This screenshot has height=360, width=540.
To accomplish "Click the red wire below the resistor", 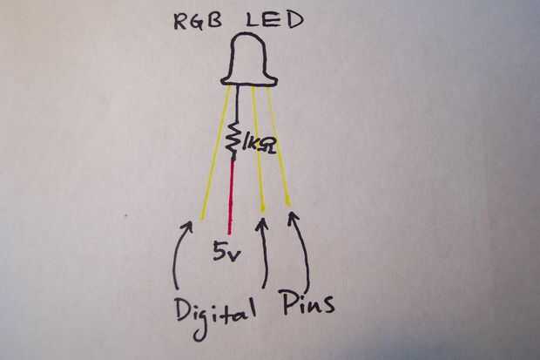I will [231, 196].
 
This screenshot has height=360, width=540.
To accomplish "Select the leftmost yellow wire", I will [214, 153].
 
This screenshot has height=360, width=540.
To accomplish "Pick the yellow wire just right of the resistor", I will [258, 153].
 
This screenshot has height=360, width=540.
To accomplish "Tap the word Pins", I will [308, 304].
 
